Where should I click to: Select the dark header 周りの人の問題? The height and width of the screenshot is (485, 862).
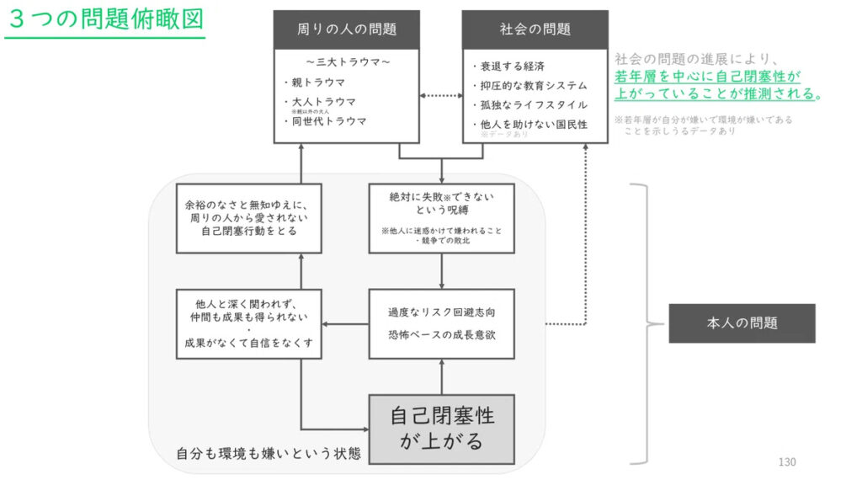(347, 29)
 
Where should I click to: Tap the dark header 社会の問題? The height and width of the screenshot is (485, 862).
(535, 29)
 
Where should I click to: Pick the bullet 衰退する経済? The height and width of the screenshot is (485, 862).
(517, 66)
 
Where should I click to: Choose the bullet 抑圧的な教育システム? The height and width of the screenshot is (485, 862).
(534, 85)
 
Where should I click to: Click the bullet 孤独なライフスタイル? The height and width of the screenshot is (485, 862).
(534, 104)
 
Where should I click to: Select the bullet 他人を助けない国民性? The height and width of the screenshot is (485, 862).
(534, 124)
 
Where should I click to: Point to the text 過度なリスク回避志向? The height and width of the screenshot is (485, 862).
(441, 312)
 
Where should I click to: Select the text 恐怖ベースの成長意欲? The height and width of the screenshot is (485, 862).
(441, 334)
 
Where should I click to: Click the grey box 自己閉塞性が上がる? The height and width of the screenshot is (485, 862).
(442, 428)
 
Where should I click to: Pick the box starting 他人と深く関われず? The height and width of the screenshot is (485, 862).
(249, 322)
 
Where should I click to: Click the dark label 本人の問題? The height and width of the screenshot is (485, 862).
(742, 322)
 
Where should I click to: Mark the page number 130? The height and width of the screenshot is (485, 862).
(786, 461)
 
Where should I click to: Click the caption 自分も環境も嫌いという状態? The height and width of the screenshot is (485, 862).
(269, 453)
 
